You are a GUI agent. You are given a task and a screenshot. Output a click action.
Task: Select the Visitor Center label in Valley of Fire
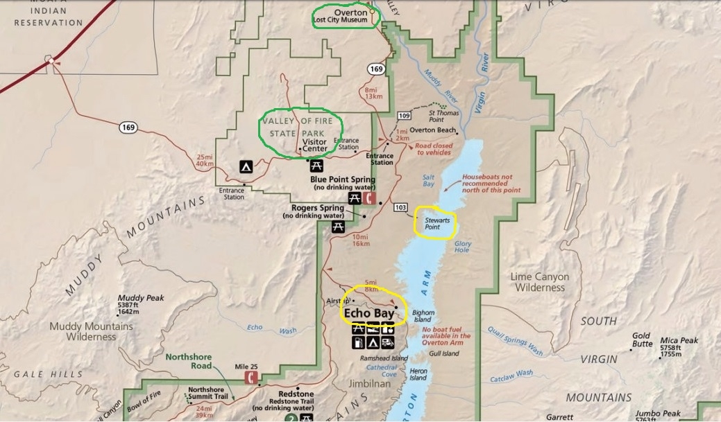[314, 146]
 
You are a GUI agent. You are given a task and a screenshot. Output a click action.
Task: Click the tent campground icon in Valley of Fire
[246, 166]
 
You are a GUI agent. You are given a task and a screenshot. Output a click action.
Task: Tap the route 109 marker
[405, 114]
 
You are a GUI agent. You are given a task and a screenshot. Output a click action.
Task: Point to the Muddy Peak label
[141, 298]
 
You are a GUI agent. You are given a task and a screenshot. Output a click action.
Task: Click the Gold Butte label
[641, 340]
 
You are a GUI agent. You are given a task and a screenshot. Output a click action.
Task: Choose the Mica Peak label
[679, 340]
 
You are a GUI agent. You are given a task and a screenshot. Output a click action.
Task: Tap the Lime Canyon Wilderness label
[539, 282]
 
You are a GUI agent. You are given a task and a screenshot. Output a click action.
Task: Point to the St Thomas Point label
[442, 116]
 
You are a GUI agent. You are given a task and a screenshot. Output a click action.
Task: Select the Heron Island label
[418, 374]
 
